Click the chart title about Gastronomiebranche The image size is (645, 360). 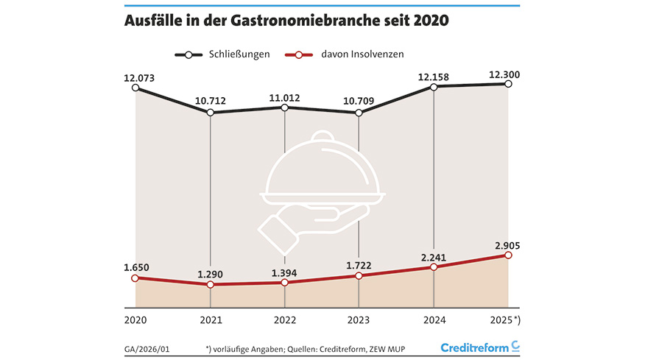coord(286,22)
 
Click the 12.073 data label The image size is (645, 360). coord(139,77)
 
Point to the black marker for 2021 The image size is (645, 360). coord(211,113)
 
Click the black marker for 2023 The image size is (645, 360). coord(359,113)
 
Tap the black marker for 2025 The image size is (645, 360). coord(508,84)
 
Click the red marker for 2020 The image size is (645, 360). coord(135,278)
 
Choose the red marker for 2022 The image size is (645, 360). coord(284,282)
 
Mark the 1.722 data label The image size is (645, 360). coord(359,264)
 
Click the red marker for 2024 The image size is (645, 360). coord(434,267)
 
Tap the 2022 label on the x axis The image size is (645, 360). coord(284,321)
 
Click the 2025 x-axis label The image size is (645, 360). coord(505,321)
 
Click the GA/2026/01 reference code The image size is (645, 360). coord(147,347)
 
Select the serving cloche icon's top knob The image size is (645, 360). coord(322,138)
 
